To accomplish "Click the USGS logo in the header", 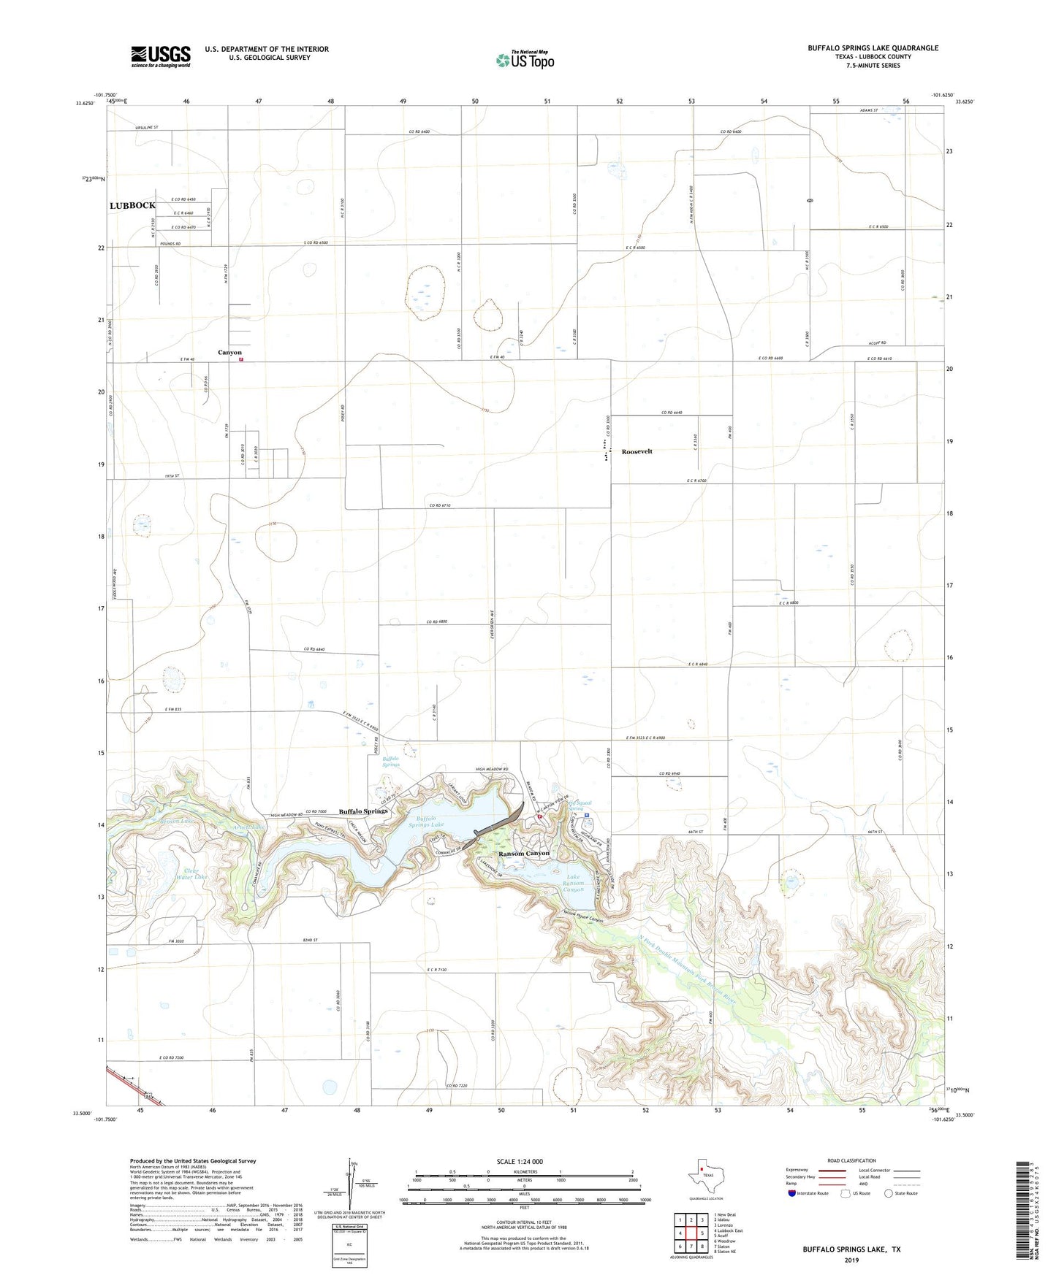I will (x=161, y=56).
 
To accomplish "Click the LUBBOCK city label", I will (x=132, y=206).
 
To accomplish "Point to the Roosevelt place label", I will (x=637, y=451).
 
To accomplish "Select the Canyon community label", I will (x=229, y=353).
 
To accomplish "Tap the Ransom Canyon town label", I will (x=523, y=854).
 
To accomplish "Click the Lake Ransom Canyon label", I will (x=573, y=883).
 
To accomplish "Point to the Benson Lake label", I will (x=177, y=822).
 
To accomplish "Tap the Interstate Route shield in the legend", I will (x=792, y=1193).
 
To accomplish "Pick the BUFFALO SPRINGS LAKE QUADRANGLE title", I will (x=873, y=48).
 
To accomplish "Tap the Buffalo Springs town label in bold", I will (x=363, y=811).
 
